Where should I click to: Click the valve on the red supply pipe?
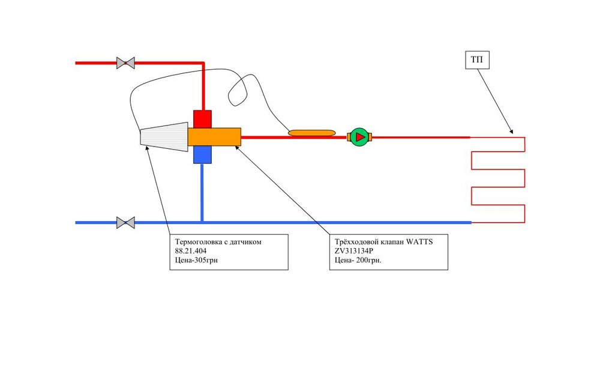125,62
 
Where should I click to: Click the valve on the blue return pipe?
125,222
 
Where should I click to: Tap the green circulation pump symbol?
359,137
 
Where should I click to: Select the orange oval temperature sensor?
312,132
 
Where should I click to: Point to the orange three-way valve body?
214,137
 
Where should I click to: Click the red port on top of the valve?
203,119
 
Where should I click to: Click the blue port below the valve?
203,155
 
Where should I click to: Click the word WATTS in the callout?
419,242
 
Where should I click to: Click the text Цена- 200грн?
358,261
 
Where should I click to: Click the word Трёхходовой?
356,242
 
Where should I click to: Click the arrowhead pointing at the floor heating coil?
511,132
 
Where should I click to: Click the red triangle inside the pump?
360,137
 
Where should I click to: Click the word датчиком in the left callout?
262,242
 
